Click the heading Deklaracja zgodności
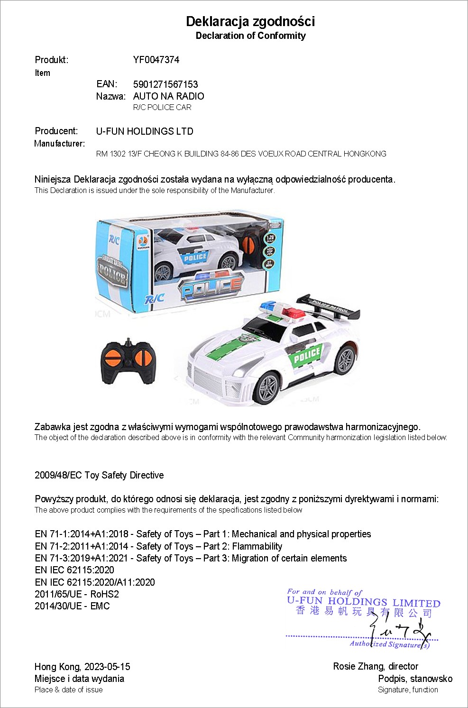250,21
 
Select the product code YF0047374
156,60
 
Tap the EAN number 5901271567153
165,84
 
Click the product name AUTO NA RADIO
168,96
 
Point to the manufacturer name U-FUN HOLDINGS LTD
145,131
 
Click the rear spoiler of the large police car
329,308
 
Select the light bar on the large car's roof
282,310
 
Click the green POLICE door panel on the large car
306,355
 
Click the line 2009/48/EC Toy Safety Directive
99,475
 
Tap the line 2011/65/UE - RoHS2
77,594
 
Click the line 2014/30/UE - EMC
72,606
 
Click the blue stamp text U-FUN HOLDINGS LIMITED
363,602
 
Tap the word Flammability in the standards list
257,546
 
